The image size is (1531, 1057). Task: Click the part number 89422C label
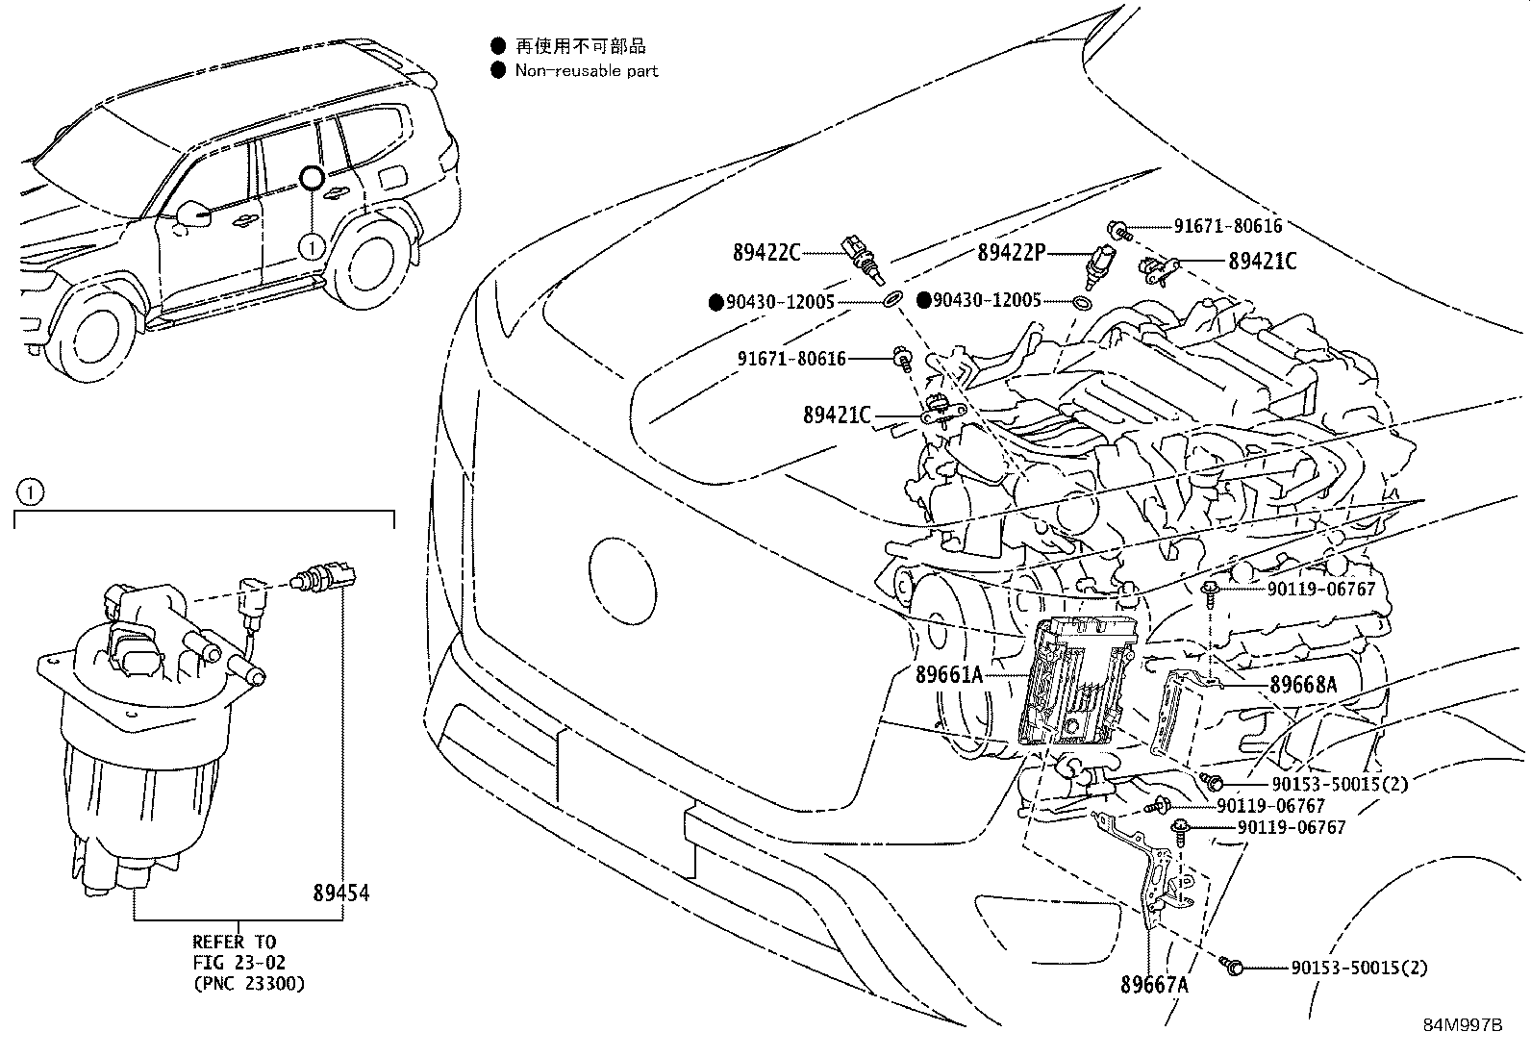click(x=765, y=253)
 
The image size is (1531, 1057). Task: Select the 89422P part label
click(x=1011, y=253)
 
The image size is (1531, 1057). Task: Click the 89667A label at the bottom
click(x=1154, y=985)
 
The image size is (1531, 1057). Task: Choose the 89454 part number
click(x=340, y=893)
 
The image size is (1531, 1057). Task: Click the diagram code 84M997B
click(x=1462, y=1025)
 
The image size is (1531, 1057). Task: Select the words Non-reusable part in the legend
click(x=587, y=70)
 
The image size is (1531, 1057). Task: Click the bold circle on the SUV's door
click(x=312, y=178)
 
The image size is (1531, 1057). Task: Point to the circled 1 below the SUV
click(x=311, y=247)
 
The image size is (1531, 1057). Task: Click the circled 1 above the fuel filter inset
click(x=30, y=493)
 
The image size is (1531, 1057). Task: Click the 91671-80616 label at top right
click(x=1227, y=226)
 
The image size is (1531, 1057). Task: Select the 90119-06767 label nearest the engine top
click(x=1319, y=589)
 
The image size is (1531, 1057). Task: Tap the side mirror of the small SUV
click(x=195, y=214)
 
